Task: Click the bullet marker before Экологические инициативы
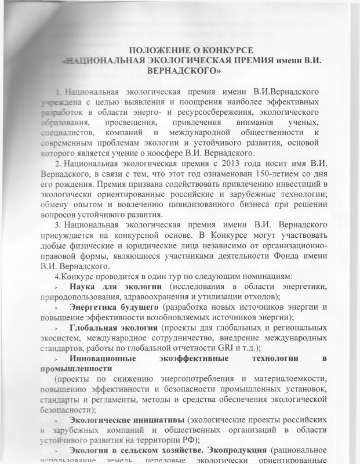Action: pos(56,420)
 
